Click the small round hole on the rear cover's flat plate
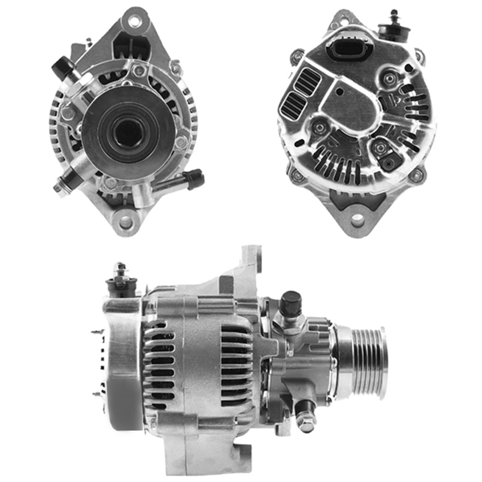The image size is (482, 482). click(340, 91)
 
